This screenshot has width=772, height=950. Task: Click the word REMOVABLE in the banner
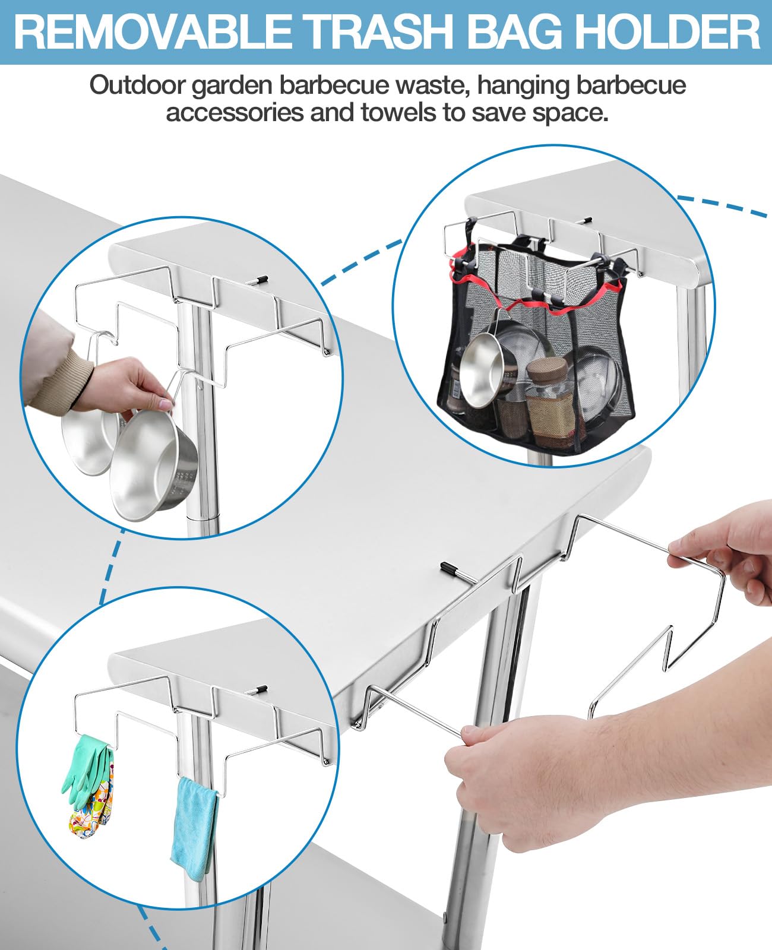click(x=154, y=33)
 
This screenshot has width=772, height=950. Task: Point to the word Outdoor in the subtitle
click(x=137, y=85)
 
